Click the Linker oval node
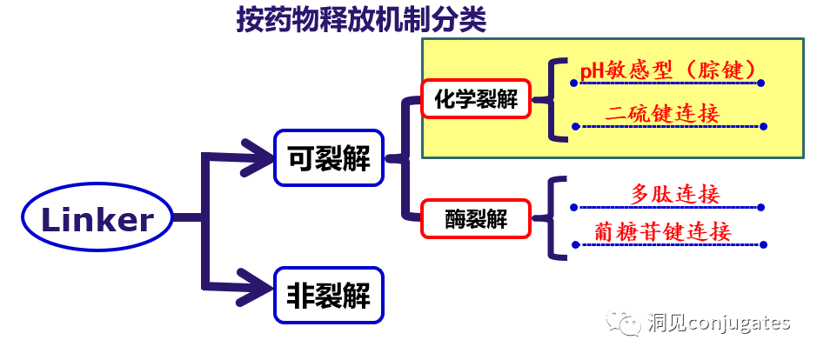[x=97, y=220]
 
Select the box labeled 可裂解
[x=329, y=157]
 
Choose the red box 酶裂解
[x=476, y=219]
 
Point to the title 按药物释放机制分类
[x=361, y=21]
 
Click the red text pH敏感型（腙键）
[x=668, y=70]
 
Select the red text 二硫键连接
[x=664, y=114]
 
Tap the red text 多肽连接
[x=675, y=193]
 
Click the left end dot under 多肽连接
[x=575, y=208]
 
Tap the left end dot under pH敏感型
[x=573, y=83]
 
